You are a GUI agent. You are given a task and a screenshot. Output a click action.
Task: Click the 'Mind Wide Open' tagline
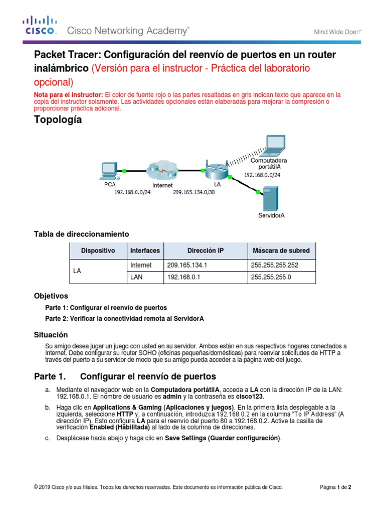337,31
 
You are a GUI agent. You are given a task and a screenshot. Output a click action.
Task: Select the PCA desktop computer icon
109,170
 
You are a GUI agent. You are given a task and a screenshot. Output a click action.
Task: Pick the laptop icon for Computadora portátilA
275,146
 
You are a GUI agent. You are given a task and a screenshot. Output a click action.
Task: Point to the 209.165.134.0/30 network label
192,192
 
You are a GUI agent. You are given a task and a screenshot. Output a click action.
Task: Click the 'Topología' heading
58,120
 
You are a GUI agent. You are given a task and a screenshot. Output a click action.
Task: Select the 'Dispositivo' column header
98,250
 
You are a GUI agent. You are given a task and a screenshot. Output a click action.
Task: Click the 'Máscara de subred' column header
280,250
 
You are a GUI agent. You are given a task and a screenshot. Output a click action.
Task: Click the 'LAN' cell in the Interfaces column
137,277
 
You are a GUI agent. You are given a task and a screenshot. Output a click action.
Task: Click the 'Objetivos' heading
51,296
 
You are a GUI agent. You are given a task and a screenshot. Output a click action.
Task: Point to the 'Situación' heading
50,335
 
